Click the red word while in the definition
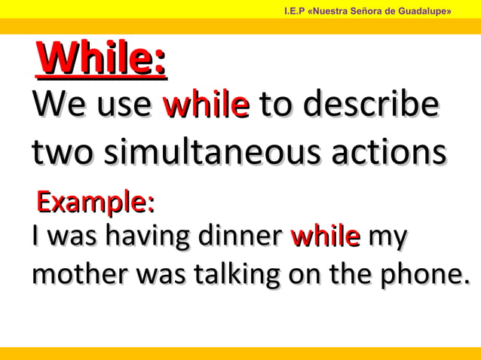[205, 105]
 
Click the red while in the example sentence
[325, 236]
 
